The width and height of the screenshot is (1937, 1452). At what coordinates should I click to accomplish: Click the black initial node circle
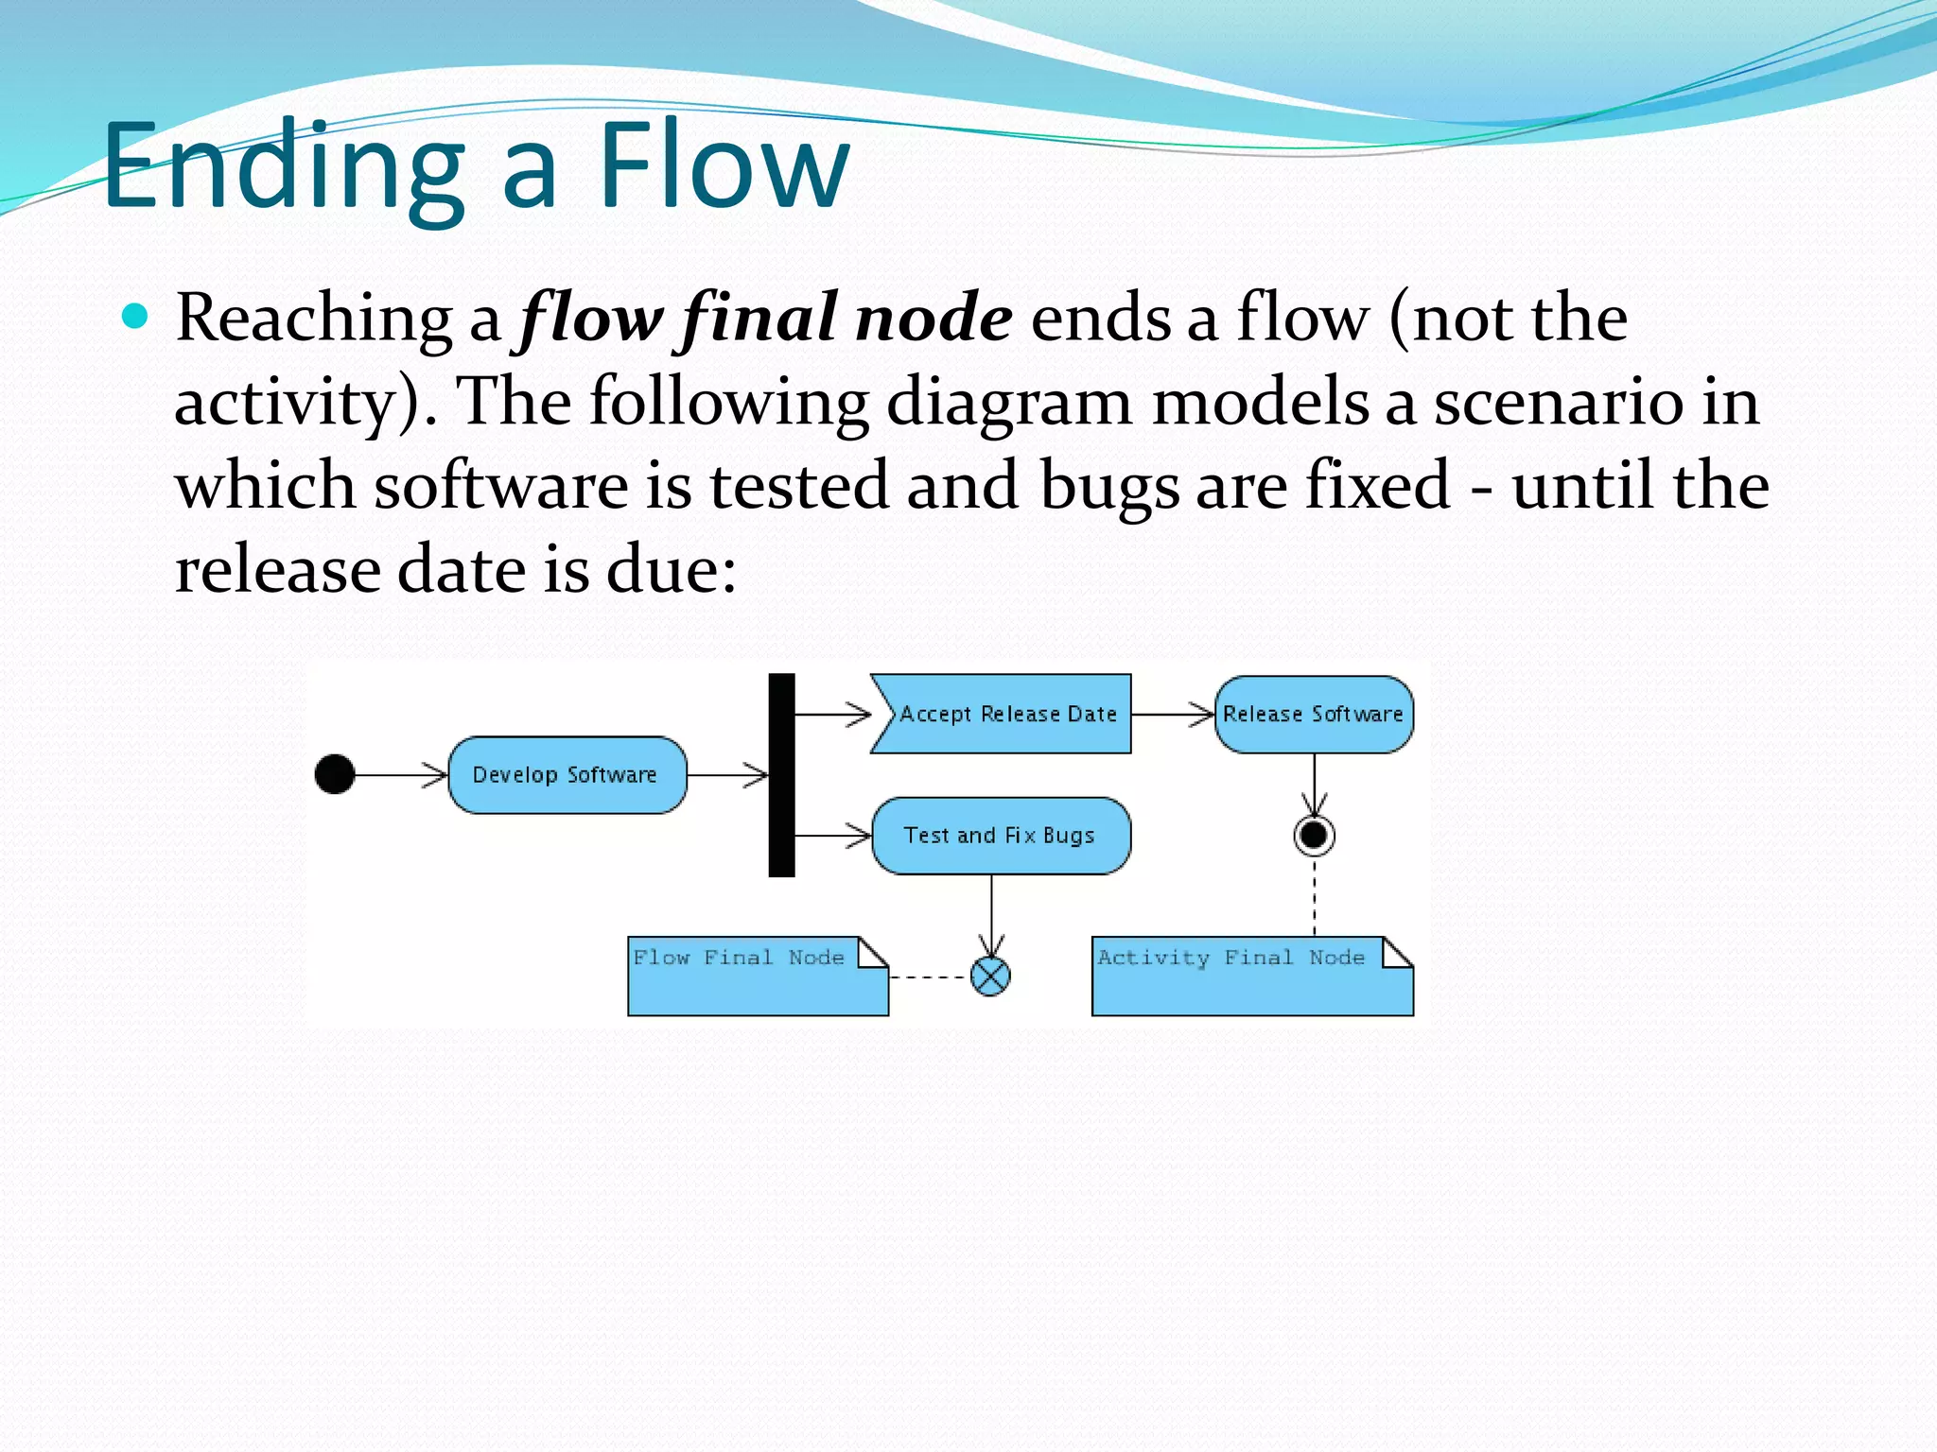(x=334, y=774)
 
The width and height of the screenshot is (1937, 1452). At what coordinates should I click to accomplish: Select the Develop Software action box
(x=567, y=775)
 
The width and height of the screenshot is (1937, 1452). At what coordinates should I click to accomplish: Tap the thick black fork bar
(x=781, y=775)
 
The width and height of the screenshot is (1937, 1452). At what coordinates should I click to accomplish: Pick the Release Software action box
(x=1313, y=715)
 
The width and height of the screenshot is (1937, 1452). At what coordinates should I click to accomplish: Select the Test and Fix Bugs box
(x=1000, y=836)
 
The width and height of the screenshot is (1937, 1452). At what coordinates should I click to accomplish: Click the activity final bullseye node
(x=1314, y=836)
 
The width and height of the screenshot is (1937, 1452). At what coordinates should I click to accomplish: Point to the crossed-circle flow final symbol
(x=990, y=977)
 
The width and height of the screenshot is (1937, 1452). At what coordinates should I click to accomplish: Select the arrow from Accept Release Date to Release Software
(x=1173, y=715)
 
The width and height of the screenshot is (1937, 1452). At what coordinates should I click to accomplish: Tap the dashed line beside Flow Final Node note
(x=929, y=977)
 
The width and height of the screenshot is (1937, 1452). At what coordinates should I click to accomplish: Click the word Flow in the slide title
(x=723, y=165)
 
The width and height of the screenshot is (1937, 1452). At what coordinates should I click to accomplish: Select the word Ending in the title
(x=284, y=165)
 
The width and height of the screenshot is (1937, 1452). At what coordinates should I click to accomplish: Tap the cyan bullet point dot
(x=136, y=316)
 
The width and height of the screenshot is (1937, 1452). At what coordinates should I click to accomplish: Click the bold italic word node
(x=932, y=318)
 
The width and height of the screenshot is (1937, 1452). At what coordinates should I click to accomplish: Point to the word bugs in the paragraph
(x=1108, y=486)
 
